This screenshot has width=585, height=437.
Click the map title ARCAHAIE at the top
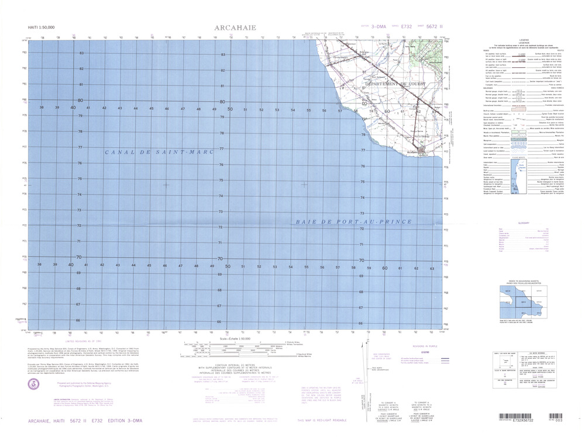(x=235, y=27)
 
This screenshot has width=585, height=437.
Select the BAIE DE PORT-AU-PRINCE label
(x=354, y=221)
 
